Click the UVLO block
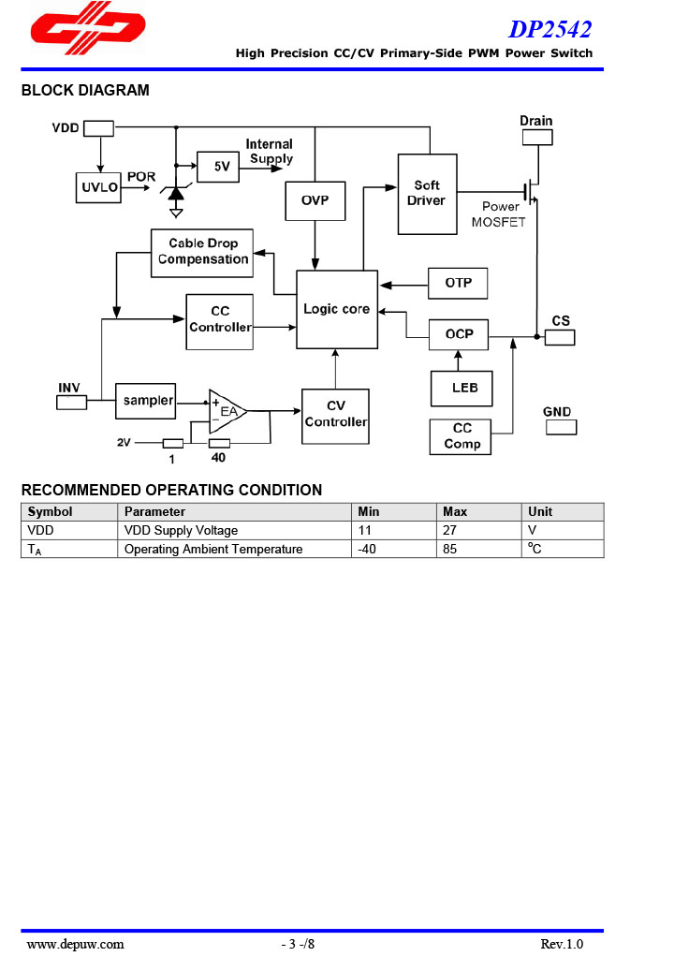99,187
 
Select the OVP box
315,200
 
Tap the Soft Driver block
427,194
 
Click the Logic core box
337,309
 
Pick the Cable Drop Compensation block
202,252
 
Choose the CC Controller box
219,321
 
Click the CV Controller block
335,416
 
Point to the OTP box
458,283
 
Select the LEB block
462,388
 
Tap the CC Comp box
462,436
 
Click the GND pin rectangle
561,427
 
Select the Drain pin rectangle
536,138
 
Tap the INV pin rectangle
71,403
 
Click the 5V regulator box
220,167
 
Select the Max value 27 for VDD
449,531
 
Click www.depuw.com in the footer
75,944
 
